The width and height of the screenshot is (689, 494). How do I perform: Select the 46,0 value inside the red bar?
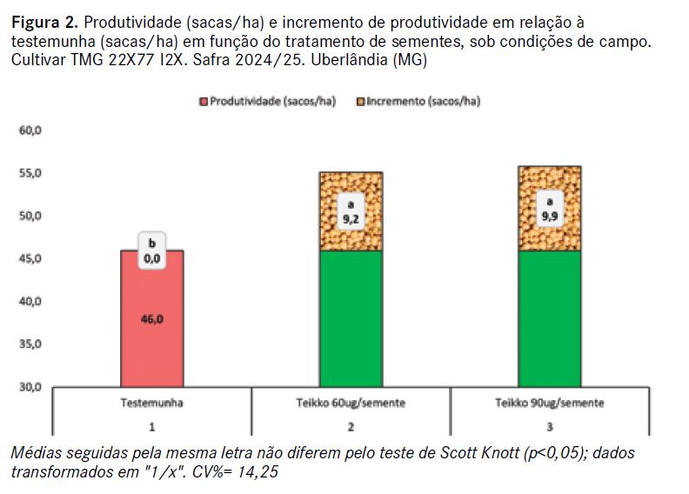(151, 319)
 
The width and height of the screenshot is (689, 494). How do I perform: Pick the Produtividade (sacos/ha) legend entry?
(252, 101)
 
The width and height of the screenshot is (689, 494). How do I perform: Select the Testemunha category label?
(151, 404)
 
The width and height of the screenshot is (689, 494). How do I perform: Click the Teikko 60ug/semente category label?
(351, 404)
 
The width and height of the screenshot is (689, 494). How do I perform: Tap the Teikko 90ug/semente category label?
(550, 404)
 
